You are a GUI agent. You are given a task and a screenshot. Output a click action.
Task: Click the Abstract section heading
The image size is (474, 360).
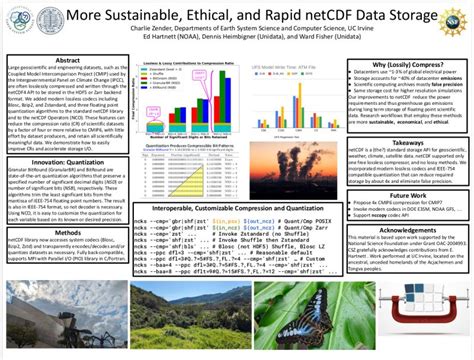point(67,61)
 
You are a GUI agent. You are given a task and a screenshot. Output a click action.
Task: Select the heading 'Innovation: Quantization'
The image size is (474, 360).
point(67,158)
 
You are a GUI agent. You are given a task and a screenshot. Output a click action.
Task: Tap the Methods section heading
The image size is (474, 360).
point(67,231)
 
